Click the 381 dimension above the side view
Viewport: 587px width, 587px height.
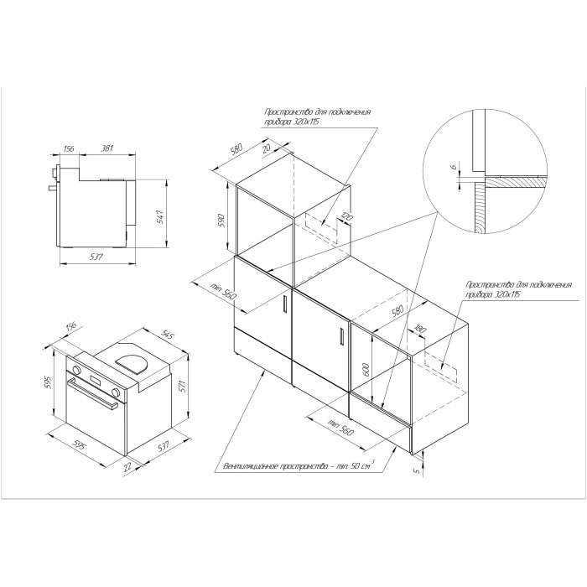coord(107,148)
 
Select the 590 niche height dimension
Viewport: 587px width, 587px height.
coord(221,221)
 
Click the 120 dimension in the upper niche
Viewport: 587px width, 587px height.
coord(345,217)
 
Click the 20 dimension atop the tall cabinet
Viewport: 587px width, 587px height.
coord(267,148)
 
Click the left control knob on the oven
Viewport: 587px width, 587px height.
coord(77,370)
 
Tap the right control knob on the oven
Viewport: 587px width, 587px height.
coord(117,392)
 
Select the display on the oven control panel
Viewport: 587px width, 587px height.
coord(96,381)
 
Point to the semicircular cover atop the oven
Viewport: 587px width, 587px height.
coord(132,363)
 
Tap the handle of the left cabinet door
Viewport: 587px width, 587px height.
coord(285,303)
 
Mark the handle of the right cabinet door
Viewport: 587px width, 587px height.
coord(341,335)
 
